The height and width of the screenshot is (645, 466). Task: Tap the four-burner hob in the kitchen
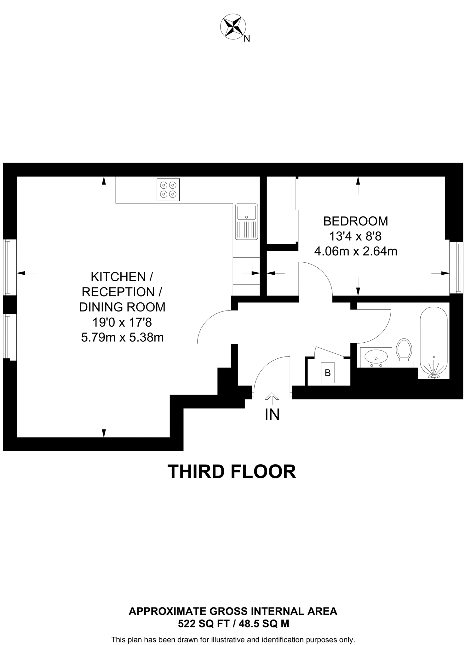pyautogui.click(x=168, y=190)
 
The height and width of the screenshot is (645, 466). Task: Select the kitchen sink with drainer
pyautogui.click(x=246, y=221)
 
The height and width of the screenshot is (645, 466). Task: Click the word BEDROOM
pyautogui.click(x=355, y=221)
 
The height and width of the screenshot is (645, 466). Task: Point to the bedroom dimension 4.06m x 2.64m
pyautogui.click(x=355, y=251)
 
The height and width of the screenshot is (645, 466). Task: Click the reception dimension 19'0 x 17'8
pyautogui.click(x=122, y=322)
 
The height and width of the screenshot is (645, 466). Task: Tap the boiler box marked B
pyautogui.click(x=328, y=373)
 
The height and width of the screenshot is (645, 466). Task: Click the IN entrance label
pyautogui.click(x=272, y=415)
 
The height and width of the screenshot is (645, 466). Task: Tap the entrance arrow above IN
pyautogui.click(x=272, y=398)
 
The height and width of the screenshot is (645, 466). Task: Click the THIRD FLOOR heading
pyautogui.click(x=232, y=471)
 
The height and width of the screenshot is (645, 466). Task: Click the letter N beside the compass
pyautogui.click(x=247, y=39)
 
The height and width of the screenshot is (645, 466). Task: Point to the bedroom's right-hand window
pyautogui.click(x=456, y=267)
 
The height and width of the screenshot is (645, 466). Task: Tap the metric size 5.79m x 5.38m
pyautogui.click(x=122, y=337)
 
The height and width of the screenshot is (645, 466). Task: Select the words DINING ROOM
pyautogui.click(x=122, y=307)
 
